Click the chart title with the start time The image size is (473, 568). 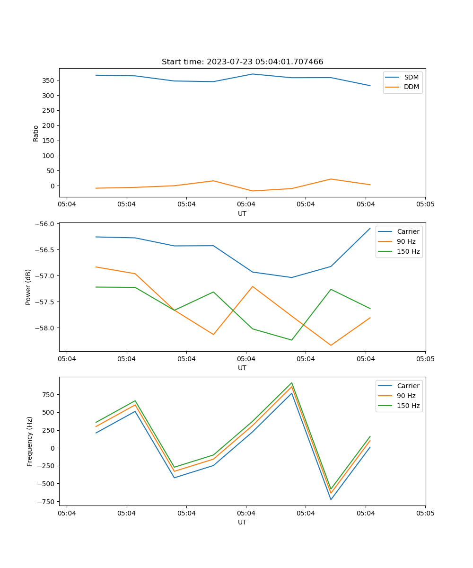(242, 62)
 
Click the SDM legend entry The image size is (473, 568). (411, 77)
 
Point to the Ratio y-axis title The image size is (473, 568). (36, 133)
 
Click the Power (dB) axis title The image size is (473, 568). (28, 287)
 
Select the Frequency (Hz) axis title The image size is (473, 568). (29, 441)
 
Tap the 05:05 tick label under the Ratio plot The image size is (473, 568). (425, 204)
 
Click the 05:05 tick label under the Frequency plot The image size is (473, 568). (425, 513)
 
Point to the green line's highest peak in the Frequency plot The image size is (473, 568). (292, 383)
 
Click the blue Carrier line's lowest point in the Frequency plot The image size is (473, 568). (331, 499)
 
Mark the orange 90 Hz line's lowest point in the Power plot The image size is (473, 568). (331, 345)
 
